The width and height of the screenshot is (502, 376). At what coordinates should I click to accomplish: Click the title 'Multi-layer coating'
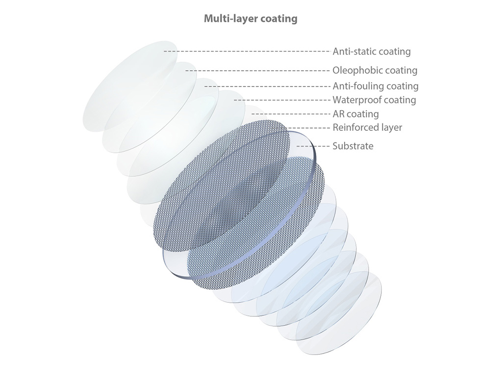[251, 19]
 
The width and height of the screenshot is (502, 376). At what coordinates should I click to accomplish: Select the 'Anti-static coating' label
[372, 51]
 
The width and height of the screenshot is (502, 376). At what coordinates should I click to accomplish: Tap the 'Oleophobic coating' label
[375, 70]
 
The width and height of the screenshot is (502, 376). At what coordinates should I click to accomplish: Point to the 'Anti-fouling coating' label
[376, 86]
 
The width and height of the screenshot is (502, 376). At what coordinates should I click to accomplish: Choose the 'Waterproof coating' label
[374, 100]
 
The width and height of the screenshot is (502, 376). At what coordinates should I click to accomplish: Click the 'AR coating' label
[356, 114]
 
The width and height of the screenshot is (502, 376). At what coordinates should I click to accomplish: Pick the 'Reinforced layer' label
[367, 128]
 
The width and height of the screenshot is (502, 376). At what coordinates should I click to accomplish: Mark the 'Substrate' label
[353, 146]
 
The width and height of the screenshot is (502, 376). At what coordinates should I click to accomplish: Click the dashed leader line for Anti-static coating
[247, 51]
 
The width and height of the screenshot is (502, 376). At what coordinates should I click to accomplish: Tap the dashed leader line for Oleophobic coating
[257, 70]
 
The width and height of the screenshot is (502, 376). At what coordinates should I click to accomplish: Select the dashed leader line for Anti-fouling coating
[267, 86]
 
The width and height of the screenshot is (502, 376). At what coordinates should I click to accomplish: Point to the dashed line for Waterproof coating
[282, 100]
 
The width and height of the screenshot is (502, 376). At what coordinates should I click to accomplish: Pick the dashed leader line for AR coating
[291, 114]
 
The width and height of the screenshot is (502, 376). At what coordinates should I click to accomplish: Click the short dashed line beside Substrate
[313, 146]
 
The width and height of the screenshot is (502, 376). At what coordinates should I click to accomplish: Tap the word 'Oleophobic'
[357, 70]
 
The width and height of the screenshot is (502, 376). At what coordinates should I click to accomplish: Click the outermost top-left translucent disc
[130, 86]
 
